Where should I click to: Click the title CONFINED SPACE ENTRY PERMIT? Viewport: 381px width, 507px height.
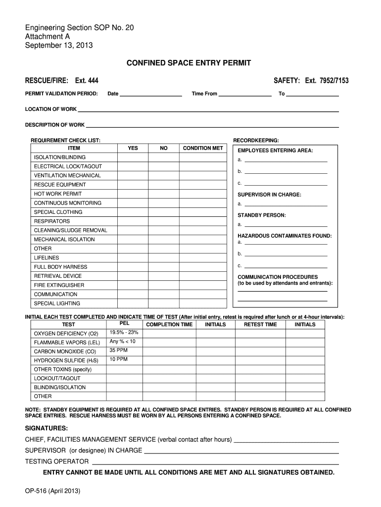tap(189, 63)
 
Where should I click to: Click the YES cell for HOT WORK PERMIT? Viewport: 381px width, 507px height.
tap(133, 194)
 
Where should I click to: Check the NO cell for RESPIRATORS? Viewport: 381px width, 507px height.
tap(164, 221)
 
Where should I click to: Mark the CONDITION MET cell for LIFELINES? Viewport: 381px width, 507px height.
tap(203, 258)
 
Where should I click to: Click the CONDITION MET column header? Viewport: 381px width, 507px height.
tap(203, 148)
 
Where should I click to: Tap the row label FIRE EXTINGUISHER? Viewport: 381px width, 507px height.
tap(59, 285)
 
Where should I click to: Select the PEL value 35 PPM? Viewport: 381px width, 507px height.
tap(119, 351)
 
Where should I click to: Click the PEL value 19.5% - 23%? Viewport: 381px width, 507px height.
tap(124, 332)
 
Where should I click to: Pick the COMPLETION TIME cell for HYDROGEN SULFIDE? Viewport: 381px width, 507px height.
tap(169, 360)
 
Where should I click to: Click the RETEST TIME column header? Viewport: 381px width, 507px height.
tap(260, 325)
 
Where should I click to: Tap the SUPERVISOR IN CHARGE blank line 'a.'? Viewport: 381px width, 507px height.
tap(286, 204)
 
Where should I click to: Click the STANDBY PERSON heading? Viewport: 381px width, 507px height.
tap(262, 215)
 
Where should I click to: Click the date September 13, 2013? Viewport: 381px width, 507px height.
tap(59, 46)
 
